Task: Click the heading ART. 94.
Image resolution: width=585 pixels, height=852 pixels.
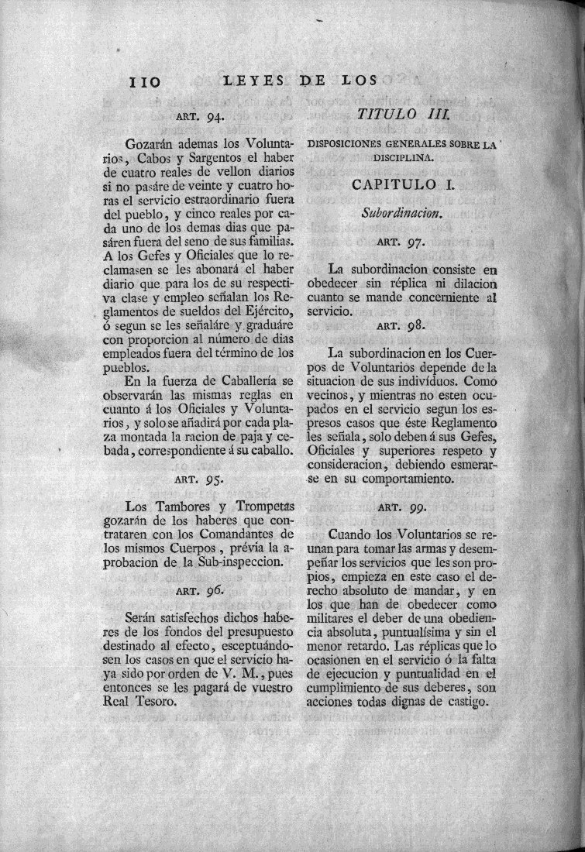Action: click(x=197, y=118)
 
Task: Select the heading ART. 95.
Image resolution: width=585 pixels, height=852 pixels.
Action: click(x=198, y=479)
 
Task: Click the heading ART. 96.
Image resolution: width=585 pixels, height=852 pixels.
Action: click(x=198, y=590)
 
